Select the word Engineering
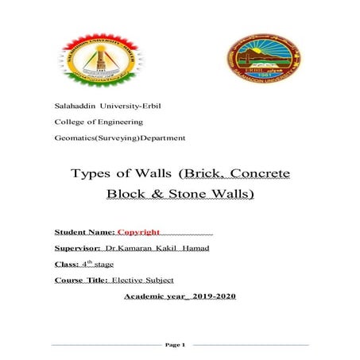(x=118, y=122)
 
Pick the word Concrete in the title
(x=259, y=173)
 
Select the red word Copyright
(x=138, y=233)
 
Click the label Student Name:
(x=84, y=233)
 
